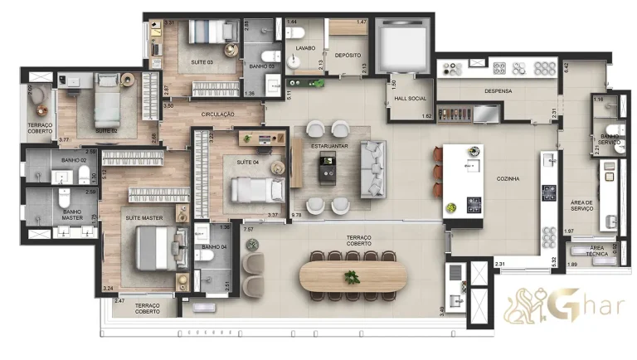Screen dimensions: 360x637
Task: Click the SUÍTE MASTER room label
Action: (144, 218)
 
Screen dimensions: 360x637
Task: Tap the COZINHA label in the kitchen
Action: (508, 179)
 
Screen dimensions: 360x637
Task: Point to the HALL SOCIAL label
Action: (411, 98)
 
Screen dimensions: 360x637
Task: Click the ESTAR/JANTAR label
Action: (330, 147)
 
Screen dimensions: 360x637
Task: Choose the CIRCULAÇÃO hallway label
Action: (217, 114)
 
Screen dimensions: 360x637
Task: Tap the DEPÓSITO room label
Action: (348, 56)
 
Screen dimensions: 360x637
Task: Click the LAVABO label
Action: (304, 48)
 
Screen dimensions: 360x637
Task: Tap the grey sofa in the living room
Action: (373, 169)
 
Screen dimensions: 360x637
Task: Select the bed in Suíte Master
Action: (154, 247)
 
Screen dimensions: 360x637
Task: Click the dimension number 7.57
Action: (248, 229)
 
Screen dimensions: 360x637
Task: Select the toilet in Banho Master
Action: (65, 199)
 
